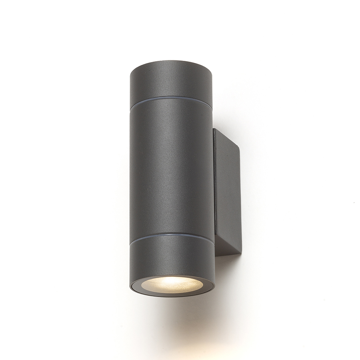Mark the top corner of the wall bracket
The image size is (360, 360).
(x=216, y=128)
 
